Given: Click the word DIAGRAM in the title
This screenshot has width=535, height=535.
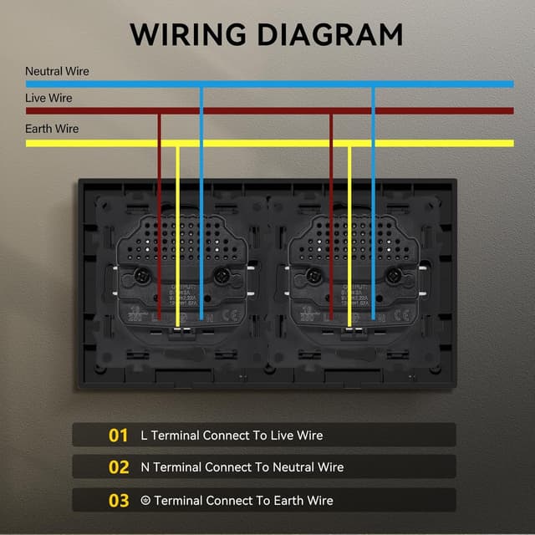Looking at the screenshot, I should [333, 34].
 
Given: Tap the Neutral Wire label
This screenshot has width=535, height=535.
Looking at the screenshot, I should [57, 71].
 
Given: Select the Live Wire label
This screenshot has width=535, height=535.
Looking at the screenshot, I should [48, 98].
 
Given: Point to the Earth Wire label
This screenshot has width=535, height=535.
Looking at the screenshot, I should [52, 129].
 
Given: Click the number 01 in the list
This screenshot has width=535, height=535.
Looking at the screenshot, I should [119, 436].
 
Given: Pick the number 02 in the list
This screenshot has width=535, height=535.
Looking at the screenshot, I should [119, 468].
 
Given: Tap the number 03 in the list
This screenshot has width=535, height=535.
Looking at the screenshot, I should [119, 501].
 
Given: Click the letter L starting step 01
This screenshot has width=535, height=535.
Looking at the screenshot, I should [144, 436].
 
